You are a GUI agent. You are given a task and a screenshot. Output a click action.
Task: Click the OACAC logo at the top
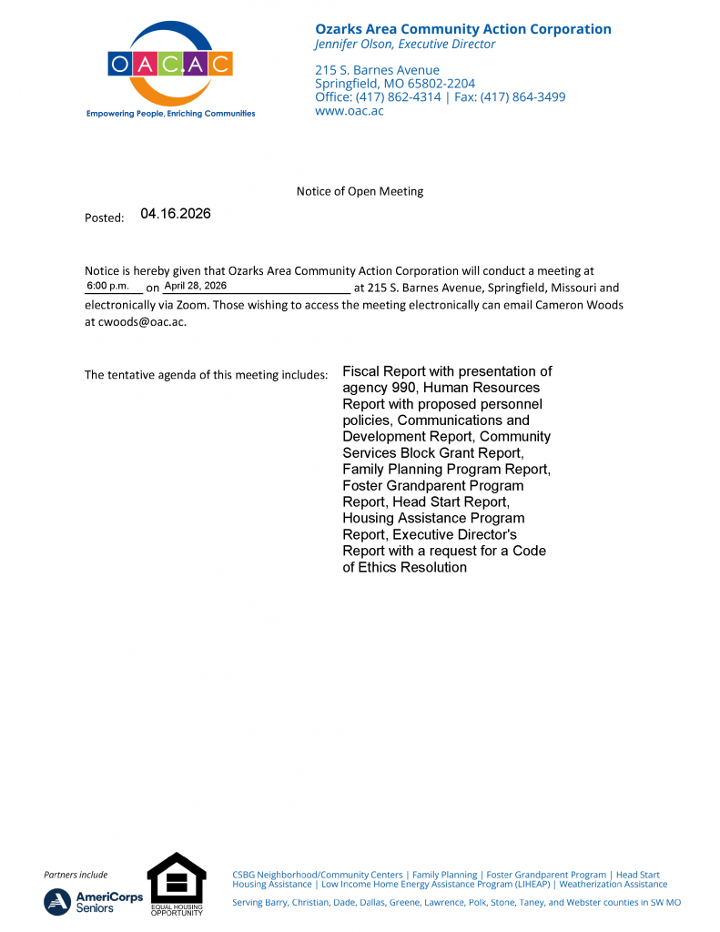pos(170,64)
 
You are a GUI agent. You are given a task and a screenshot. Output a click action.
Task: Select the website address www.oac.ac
pos(349,111)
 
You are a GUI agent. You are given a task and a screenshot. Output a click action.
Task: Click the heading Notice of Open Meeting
pos(360,191)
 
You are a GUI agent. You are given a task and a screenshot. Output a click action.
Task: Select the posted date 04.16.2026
pos(176,214)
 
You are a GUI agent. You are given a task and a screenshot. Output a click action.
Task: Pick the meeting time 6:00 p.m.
pos(108,286)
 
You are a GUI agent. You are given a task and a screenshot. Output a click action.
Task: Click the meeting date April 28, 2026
pos(195,286)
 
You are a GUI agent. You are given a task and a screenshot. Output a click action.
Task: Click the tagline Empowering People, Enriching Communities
pos(170,114)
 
